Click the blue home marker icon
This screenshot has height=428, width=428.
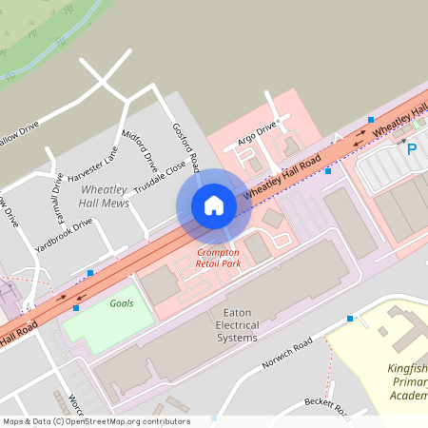click(213, 205)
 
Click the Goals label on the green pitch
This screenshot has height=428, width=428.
click(121, 302)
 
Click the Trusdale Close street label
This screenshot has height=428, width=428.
click(160, 177)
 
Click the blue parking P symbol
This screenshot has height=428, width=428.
click(412, 149)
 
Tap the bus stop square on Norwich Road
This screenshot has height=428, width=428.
click(351, 319)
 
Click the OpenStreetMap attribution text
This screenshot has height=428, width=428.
click(95, 420)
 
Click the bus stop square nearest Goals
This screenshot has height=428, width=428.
click(76, 308)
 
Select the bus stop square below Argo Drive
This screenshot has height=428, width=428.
click(328, 171)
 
